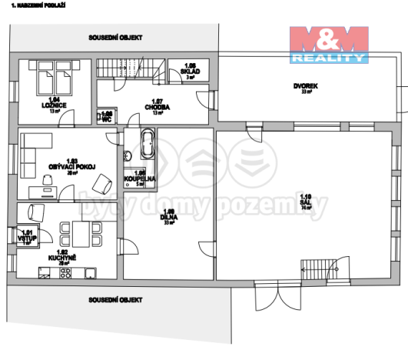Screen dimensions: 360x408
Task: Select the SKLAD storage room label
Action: (x=191, y=70)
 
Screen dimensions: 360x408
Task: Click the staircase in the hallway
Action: (x=127, y=69)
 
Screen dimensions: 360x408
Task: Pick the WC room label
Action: (x=108, y=116)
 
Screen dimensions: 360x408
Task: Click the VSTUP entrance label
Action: (x=27, y=237)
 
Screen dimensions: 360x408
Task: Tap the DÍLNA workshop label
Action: (x=169, y=217)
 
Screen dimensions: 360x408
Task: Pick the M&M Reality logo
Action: (x=329, y=44)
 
